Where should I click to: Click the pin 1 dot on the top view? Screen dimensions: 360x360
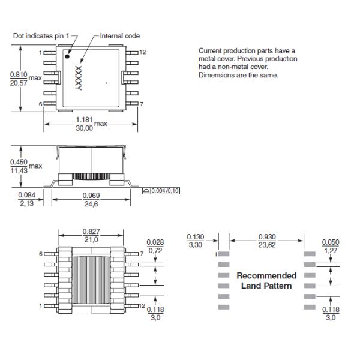(x=67, y=59)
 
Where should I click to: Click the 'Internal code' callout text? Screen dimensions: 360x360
(x=119, y=36)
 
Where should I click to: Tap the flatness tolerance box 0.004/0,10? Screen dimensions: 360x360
(x=163, y=190)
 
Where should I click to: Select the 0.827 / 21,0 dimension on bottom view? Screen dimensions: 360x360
(x=91, y=236)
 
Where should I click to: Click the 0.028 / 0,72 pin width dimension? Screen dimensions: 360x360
(x=155, y=245)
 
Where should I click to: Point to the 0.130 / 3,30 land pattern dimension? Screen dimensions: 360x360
(x=196, y=241)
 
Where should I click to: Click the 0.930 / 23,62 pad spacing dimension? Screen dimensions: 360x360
(x=268, y=241)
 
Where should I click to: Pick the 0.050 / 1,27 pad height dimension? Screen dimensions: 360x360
(x=331, y=246)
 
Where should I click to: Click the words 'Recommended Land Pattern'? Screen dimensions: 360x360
(x=266, y=281)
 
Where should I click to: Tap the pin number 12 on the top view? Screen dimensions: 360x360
(x=143, y=53)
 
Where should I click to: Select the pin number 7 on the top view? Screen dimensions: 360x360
(x=142, y=104)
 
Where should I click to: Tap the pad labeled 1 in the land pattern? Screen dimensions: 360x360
(x=223, y=254)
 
